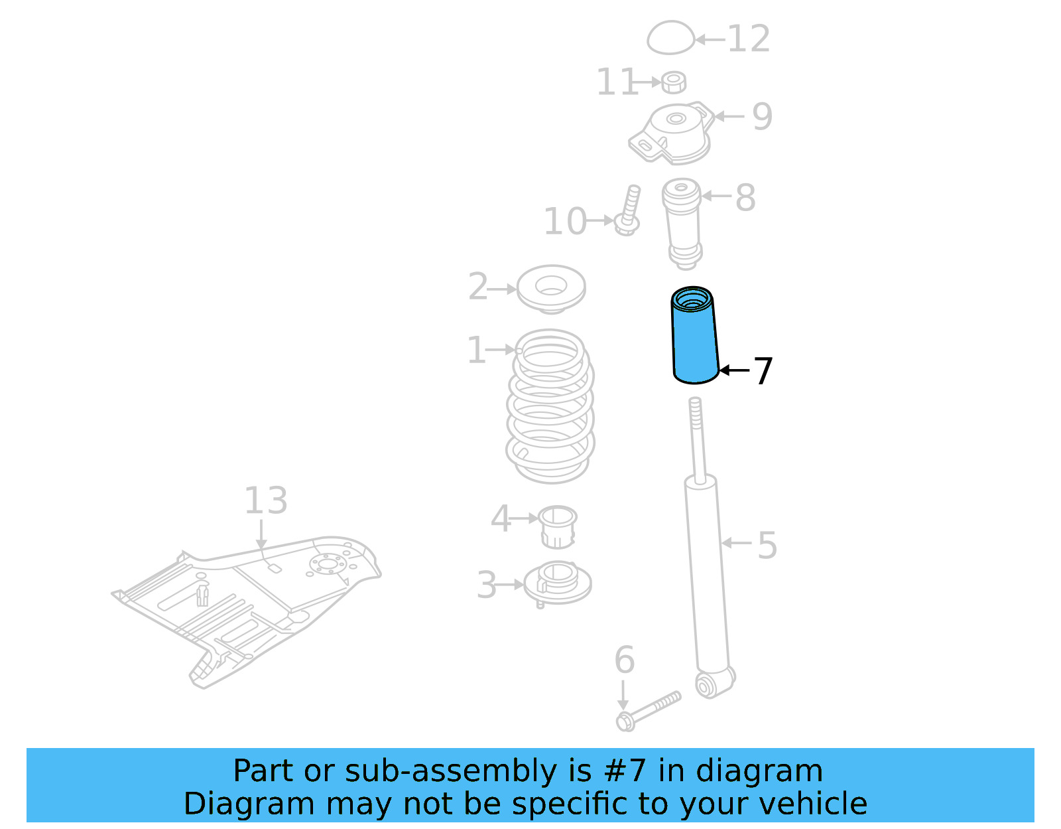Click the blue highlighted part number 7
(695, 339)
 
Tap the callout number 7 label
(763, 371)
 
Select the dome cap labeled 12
(670, 38)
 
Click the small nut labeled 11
(674, 82)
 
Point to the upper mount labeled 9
(673, 133)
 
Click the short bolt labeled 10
(629, 208)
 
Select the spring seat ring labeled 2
(551, 289)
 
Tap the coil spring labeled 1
(550, 406)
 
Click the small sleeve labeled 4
(557, 526)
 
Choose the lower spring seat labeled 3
(557, 583)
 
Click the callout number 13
(265, 501)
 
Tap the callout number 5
(767, 546)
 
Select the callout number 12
(749, 39)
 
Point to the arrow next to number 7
(734, 370)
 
